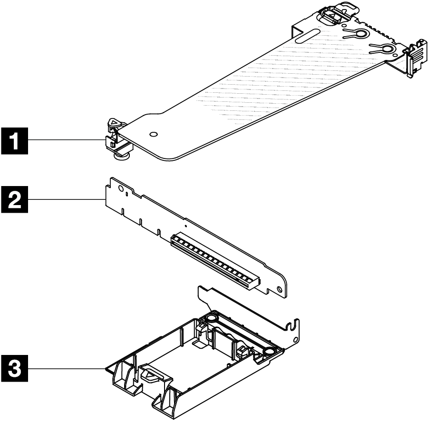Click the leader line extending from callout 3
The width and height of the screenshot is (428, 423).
[67, 369]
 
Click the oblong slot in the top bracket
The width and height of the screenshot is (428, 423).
[306, 36]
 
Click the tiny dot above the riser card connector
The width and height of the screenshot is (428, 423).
[185, 221]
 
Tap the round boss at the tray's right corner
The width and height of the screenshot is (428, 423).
[269, 351]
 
